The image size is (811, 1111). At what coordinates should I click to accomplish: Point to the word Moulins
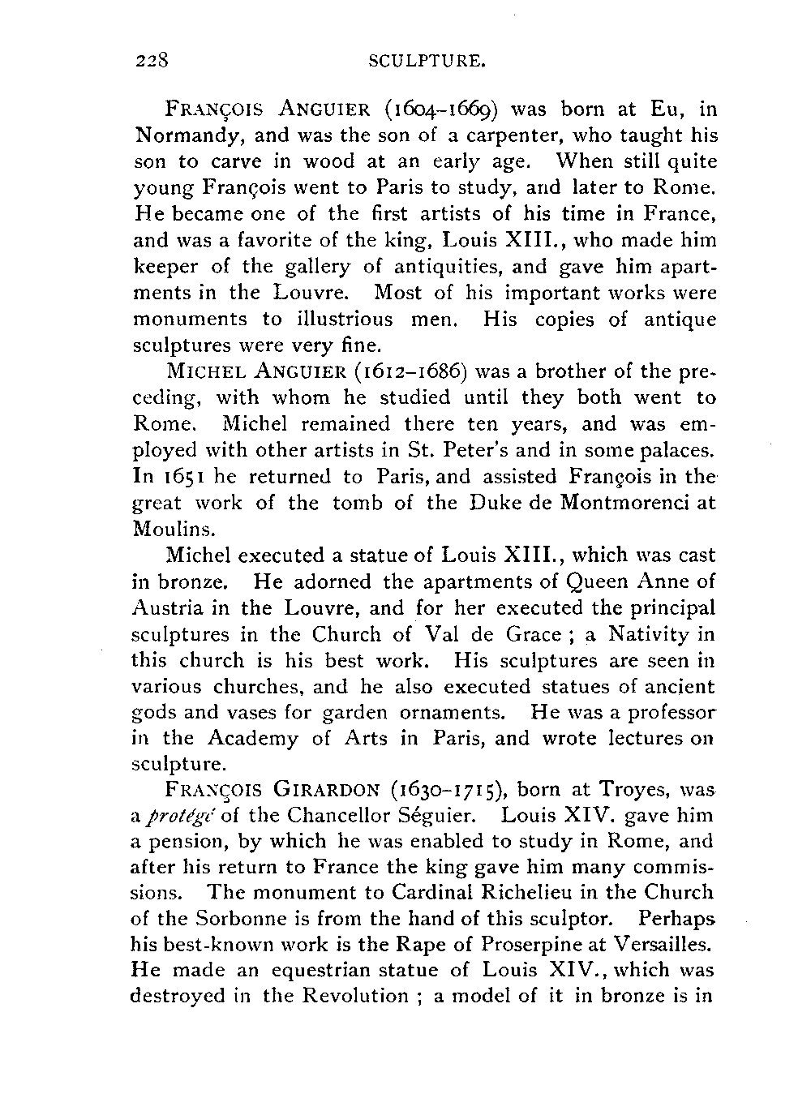163,529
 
